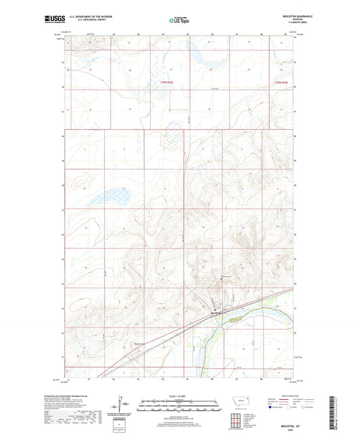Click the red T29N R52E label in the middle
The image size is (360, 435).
(x=167, y=82)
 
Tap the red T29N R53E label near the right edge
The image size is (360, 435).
(x=282, y=82)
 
